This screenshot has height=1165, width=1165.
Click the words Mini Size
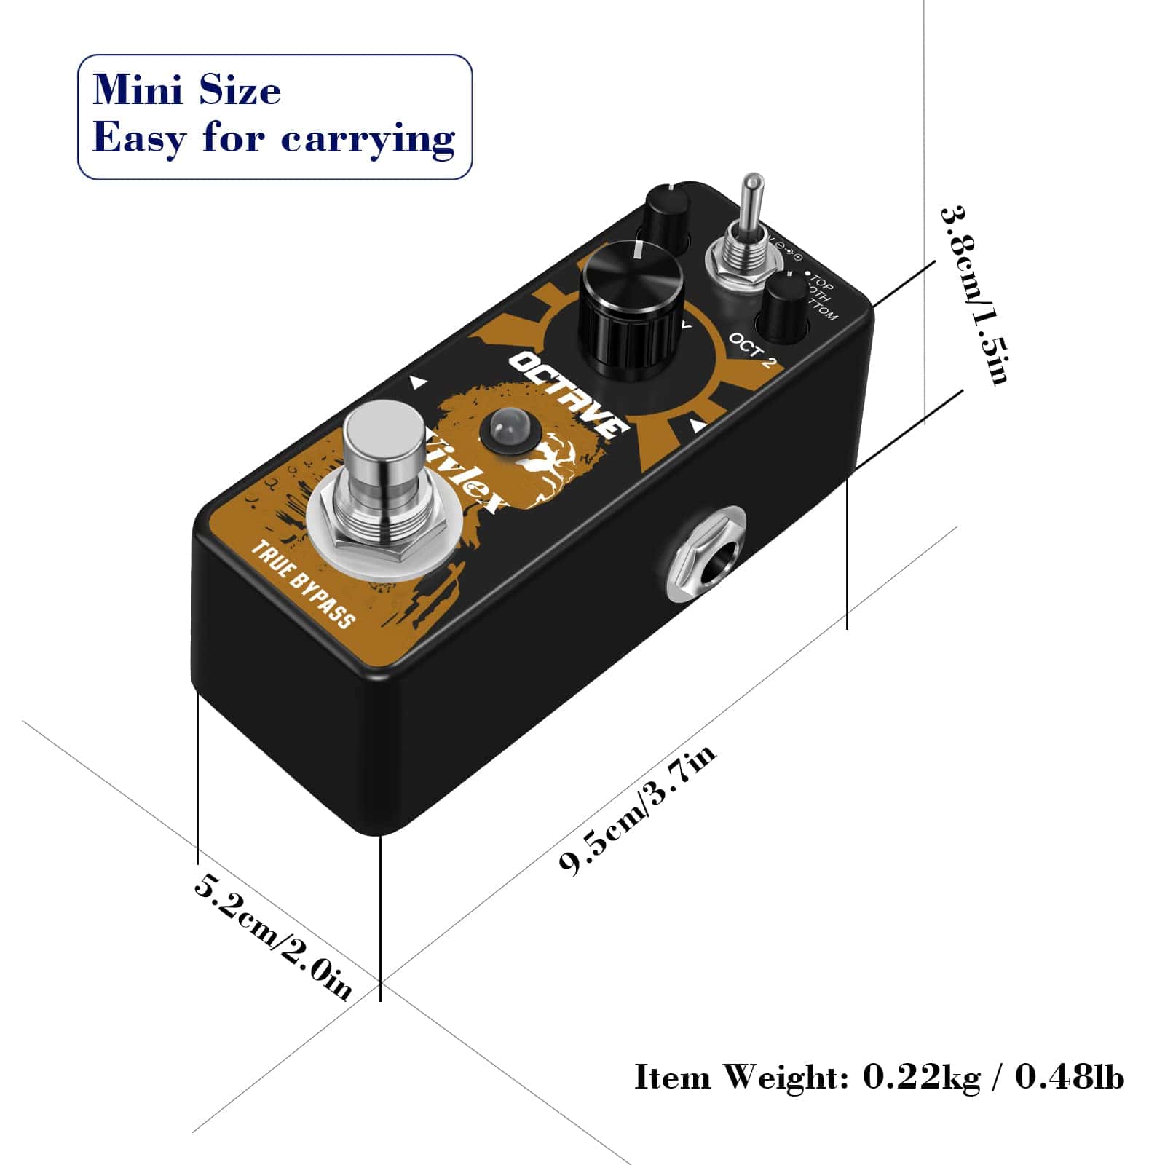pos(187,91)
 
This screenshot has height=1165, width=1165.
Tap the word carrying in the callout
pos(368,138)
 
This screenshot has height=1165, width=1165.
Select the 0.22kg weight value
pos(921,1076)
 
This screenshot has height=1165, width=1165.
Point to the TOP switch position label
pos(821,281)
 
